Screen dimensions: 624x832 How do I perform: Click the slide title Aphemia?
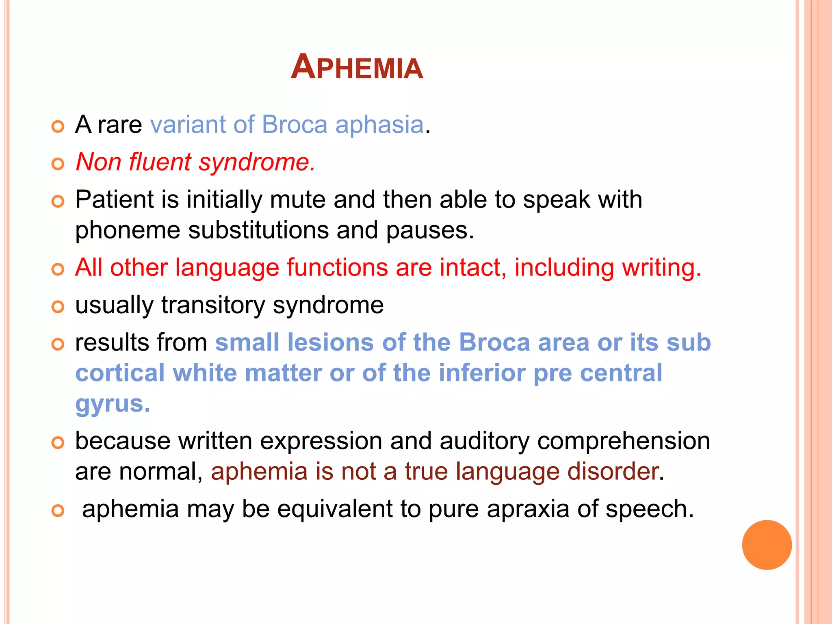357,67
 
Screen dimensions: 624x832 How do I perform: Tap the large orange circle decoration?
767,545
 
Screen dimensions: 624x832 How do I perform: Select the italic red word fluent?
160,162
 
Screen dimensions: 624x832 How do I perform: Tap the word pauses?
429,231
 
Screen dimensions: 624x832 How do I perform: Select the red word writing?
661,268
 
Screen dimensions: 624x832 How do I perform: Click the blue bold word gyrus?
112,404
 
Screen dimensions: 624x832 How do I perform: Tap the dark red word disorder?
613,472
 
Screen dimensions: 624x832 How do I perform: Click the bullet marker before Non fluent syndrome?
58,164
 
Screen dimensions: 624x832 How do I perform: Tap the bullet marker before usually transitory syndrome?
58,307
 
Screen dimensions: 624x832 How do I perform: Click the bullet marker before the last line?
58,511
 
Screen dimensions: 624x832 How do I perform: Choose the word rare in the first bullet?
119,125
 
